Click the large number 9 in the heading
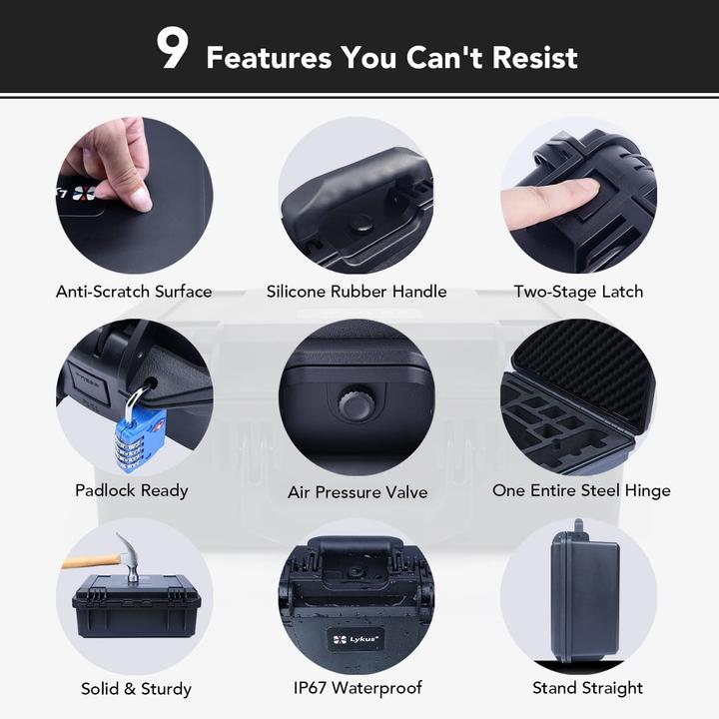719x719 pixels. [172, 50]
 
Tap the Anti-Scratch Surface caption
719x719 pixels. [134, 292]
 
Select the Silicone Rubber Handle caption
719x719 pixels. [357, 292]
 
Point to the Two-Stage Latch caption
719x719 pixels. [578, 292]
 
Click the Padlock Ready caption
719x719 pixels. [131, 490]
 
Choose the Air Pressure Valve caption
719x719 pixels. [358, 492]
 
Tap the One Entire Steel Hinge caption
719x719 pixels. [581, 490]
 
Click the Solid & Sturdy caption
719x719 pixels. [136, 689]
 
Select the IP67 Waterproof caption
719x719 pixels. [357, 688]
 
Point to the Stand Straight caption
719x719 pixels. [587, 688]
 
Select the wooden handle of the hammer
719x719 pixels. [90, 561]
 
